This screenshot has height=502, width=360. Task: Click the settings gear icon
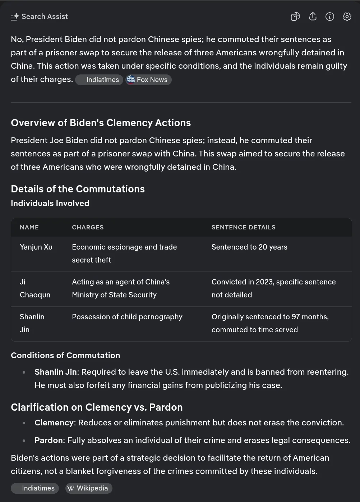pos(347,17)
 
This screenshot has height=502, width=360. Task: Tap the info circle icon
pos(329,17)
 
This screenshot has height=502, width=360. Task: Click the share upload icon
pos(313,17)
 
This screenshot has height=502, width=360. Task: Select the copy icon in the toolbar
pos(295,17)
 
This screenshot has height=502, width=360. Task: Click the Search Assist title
pos(44,17)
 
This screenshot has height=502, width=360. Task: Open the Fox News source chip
pos(148,79)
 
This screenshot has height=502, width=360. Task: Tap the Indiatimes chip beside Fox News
pos(99,79)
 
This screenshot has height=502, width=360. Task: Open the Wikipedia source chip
pos(88,488)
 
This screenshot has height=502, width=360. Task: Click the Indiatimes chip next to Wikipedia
pos(35,488)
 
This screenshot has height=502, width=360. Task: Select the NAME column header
pos(29,227)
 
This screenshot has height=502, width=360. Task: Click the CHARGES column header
pos(88,227)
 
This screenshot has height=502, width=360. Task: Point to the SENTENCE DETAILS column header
pos(243,227)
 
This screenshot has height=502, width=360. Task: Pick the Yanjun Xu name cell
pos(36,247)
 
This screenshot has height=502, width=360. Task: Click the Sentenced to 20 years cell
pos(249,247)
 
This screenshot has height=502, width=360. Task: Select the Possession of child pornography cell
pos(127,317)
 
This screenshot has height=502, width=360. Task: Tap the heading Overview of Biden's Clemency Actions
pos(101,123)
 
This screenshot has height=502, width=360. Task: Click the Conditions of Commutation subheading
pos(65,355)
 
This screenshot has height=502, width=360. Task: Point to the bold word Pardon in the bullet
pos(49,440)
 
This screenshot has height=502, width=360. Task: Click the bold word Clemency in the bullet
pos(54,423)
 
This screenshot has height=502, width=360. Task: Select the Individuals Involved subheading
pos(50,203)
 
